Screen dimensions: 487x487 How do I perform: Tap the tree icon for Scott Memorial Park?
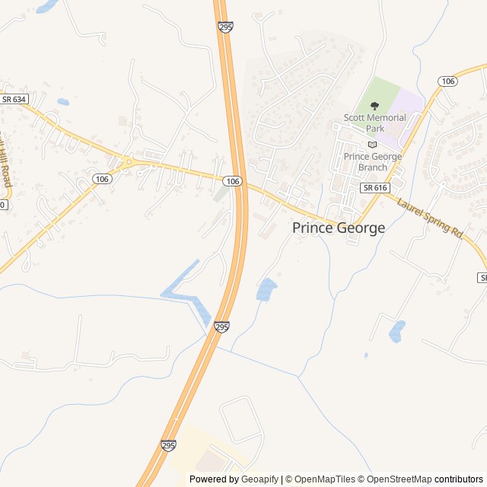click(374, 107)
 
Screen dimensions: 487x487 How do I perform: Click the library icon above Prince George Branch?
click(372, 145)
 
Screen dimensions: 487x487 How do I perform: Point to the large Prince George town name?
click(339, 228)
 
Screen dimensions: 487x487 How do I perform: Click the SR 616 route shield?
click(375, 187)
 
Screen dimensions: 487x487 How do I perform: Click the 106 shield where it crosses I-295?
click(233, 181)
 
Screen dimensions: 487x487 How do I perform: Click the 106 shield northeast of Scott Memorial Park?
click(447, 81)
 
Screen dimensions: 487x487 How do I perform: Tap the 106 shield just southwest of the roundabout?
click(102, 178)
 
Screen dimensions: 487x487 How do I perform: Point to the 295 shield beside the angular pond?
click(221, 326)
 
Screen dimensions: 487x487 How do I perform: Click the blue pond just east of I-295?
click(266, 290)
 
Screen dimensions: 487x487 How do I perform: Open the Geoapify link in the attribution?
click(259, 479)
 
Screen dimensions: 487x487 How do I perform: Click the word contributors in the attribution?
click(459, 479)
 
